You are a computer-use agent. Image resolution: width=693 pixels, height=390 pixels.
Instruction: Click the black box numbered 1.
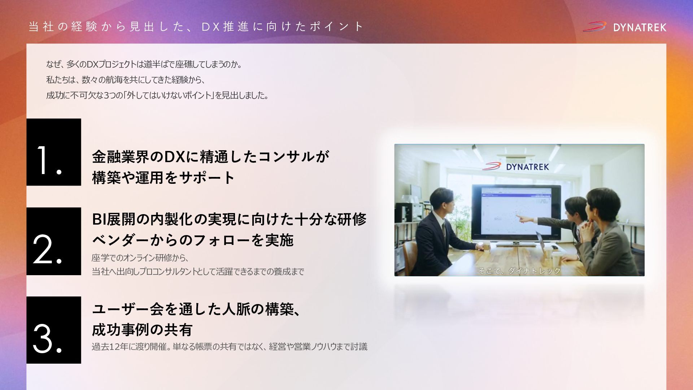point(54,152)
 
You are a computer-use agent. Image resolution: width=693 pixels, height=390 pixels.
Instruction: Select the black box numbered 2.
point(54,241)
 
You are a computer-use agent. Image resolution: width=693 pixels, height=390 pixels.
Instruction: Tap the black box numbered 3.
point(54,330)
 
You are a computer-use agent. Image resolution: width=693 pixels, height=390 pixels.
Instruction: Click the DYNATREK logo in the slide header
point(624,27)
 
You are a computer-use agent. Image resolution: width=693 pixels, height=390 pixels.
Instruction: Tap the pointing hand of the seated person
point(522,218)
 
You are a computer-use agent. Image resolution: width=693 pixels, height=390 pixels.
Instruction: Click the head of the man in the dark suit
point(441,203)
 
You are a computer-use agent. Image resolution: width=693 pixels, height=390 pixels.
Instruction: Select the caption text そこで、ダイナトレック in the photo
point(519,271)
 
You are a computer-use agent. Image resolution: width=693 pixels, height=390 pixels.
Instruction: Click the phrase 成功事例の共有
point(142,330)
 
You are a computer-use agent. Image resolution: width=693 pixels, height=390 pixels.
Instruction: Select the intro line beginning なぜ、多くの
point(144,64)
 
